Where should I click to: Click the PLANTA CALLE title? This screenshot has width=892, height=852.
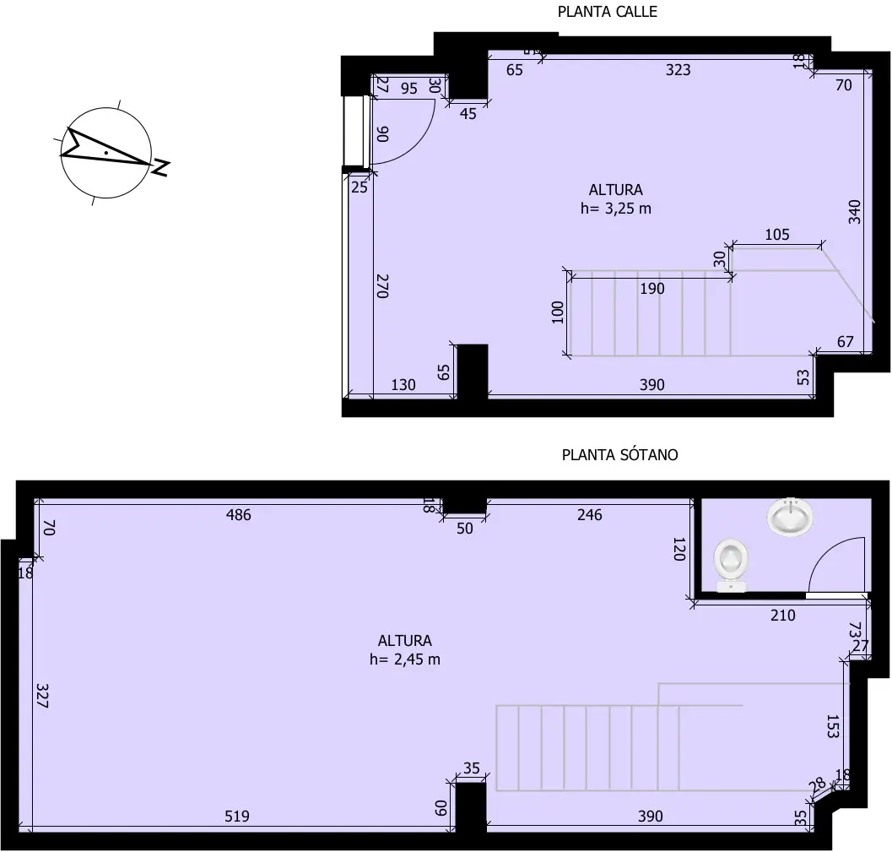[607, 12]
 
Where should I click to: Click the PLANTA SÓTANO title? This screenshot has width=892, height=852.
[619, 454]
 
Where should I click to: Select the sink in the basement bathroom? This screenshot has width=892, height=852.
[791, 516]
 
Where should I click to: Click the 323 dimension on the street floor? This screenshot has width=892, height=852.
[678, 70]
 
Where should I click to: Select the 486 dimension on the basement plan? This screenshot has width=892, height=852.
[239, 514]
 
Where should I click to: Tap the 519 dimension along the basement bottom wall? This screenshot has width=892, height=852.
[239, 816]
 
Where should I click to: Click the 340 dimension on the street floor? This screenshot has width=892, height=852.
[854, 211]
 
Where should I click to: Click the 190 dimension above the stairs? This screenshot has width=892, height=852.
[651, 289]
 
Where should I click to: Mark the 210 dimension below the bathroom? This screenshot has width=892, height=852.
[782, 615]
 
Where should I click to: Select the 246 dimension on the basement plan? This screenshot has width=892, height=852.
[589, 514]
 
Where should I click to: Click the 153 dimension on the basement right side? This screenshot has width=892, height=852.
[832, 726]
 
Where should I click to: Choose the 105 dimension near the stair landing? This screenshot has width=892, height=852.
[776, 235]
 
